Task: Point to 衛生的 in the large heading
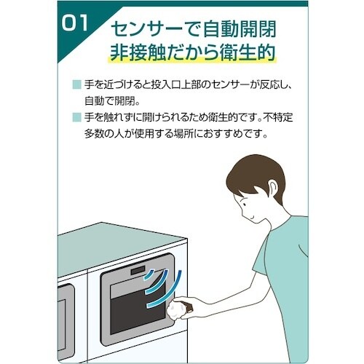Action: pos(250,55)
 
